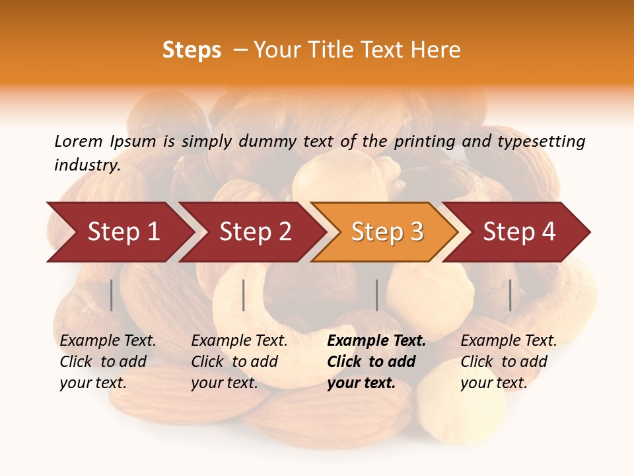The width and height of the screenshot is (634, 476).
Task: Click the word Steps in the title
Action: coord(192,50)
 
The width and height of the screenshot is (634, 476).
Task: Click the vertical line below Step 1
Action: coord(112,295)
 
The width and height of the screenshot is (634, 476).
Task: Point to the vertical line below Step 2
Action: coord(244,295)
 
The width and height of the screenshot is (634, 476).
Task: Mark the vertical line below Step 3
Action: coord(377,295)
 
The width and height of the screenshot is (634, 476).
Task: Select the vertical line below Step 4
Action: coord(511,295)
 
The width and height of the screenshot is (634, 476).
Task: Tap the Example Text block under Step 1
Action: coord(108,362)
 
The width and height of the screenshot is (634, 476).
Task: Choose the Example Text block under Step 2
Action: coord(239,362)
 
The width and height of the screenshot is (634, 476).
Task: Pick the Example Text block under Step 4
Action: coord(509,362)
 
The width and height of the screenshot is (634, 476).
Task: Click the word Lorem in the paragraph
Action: coord(79,141)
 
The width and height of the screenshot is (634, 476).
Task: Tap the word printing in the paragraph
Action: coord(432,141)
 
